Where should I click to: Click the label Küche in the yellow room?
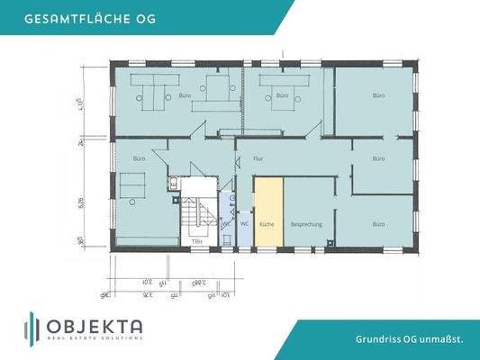click(x=267, y=223)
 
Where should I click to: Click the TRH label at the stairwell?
click(x=196, y=241)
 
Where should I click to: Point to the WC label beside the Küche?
click(x=244, y=223)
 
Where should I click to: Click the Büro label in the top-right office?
click(x=379, y=94)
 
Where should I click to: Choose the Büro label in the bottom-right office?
click(x=379, y=222)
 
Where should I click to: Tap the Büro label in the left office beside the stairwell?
click(x=139, y=158)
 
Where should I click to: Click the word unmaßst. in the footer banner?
click(x=445, y=339)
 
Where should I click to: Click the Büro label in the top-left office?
click(x=185, y=94)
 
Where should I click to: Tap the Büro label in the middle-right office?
click(x=379, y=158)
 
